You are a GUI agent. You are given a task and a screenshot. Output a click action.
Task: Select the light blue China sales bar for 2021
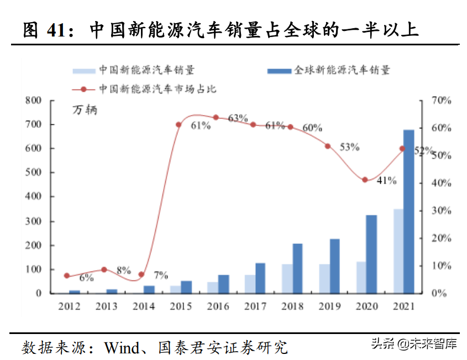click(398, 251)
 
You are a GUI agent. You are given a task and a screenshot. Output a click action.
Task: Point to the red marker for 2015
click(179, 124)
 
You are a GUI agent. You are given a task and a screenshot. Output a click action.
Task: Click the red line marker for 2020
click(365, 180)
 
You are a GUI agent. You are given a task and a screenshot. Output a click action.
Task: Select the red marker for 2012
click(67, 275)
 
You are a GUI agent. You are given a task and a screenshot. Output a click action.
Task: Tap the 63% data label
click(237, 118)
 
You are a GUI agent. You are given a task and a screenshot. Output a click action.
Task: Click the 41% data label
click(387, 180)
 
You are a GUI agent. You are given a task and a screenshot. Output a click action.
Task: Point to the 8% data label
click(123, 270)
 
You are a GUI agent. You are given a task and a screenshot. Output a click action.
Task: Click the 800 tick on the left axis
click(33, 101)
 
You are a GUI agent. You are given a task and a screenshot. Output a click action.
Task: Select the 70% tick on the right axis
click(442, 101)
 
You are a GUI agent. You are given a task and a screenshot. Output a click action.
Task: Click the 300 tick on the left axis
click(33, 221)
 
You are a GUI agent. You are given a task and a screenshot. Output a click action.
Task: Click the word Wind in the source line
click(123, 348)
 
